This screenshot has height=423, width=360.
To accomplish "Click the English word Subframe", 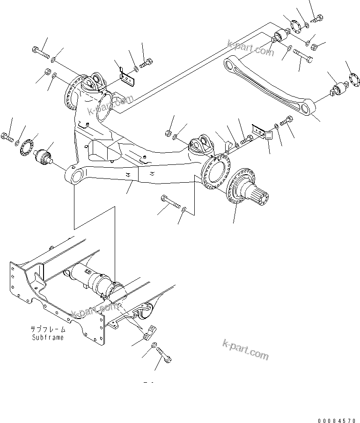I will pyautogui.click(x=48, y=337).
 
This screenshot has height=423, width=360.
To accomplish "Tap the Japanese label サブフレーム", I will pyautogui.click(x=48, y=330).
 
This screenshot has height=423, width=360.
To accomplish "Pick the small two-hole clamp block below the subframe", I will pyautogui.click(x=147, y=334).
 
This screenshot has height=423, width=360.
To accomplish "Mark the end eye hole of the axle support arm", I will pyautogui.click(x=74, y=176).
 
